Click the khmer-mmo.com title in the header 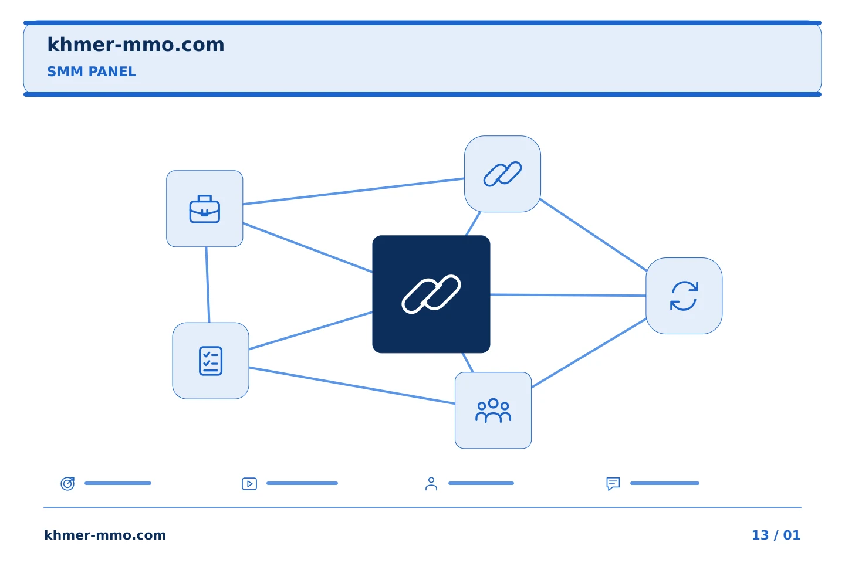pyautogui.click(x=136, y=45)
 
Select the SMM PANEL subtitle pyautogui.click(x=92, y=72)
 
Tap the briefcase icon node pyautogui.click(x=204, y=209)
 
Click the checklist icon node pyautogui.click(x=211, y=361)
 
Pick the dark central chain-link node pyautogui.click(x=431, y=294)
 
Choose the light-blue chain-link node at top pyautogui.click(x=502, y=174)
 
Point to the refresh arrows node pyautogui.click(x=684, y=296)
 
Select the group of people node pyautogui.click(x=493, y=411)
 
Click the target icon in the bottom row pyautogui.click(x=68, y=483)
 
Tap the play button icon pyautogui.click(x=249, y=484)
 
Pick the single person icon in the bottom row pyautogui.click(x=431, y=484)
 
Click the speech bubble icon pyautogui.click(x=613, y=484)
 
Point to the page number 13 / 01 pyautogui.click(x=776, y=535)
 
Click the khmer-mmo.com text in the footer pyautogui.click(x=105, y=535)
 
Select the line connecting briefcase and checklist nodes pyautogui.click(x=208, y=284)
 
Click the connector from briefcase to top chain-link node pyautogui.click(x=353, y=191)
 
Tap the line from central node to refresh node pyautogui.click(x=568, y=295)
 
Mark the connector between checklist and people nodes pyautogui.click(x=352, y=385)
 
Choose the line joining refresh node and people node pyautogui.click(x=589, y=353)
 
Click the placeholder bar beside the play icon pyautogui.click(x=302, y=483)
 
